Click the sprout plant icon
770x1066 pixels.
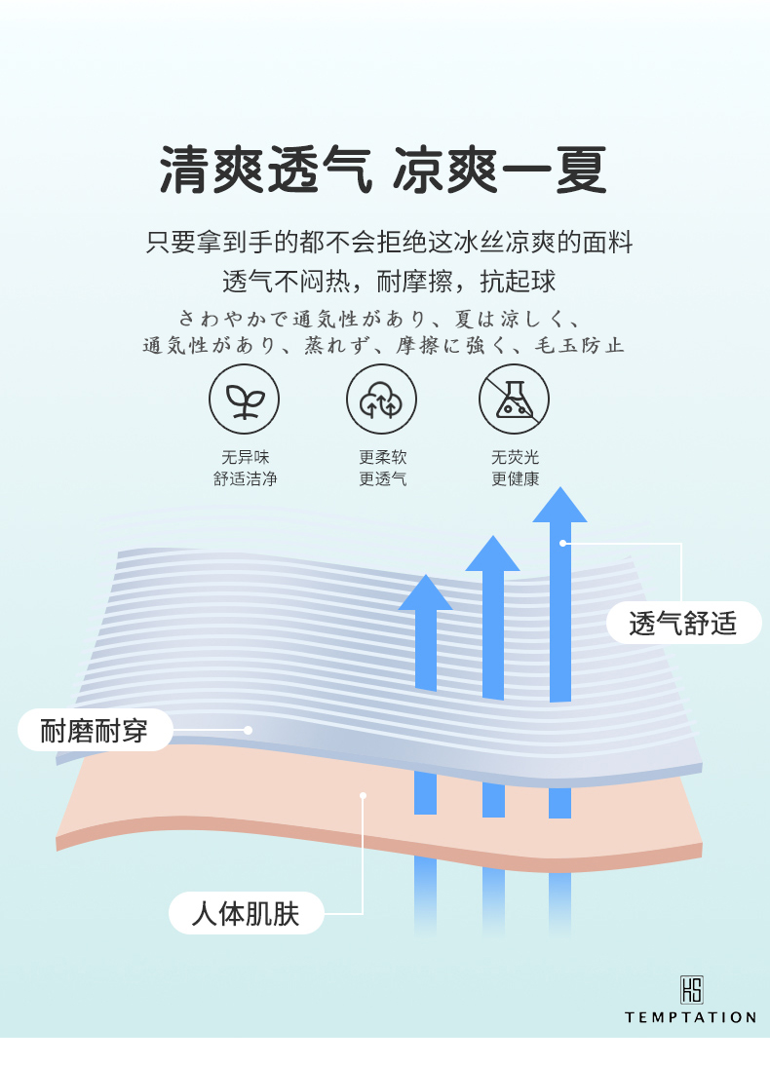click(244, 400)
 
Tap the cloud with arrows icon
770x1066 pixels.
click(381, 400)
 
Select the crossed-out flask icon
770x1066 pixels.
click(514, 400)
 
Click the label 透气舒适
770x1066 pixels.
click(683, 623)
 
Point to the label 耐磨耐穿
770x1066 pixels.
click(95, 730)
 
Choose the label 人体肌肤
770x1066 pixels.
click(245, 914)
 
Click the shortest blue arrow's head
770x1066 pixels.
click(426, 593)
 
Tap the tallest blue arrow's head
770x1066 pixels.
click(559, 506)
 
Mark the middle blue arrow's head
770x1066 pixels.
click(492, 553)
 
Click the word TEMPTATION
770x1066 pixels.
click(690, 1017)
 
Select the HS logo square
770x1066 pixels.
click(691, 990)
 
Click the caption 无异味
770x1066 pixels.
click(245, 457)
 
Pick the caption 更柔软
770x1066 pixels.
click(382, 457)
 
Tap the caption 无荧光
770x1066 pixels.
click(515, 457)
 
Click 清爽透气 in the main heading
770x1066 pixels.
click(265, 171)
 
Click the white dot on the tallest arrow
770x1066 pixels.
click(562, 543)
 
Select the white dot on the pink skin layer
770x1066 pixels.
click(363, 795)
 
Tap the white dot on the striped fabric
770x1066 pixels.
click(249, 730)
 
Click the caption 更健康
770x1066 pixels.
click(515, 478)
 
